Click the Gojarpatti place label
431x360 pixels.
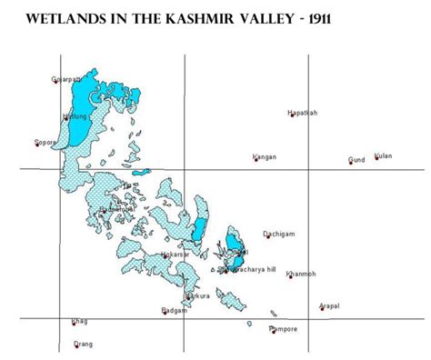click(x=67, y=80)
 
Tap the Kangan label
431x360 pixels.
click(x=265, y=157)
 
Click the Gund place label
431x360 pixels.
click(x=356, y=160)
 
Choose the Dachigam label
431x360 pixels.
click(x=278, y=233)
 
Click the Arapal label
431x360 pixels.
click(x=329, y=306)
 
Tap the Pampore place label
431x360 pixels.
click(x=284, y=328)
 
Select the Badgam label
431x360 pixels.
click(x=174, y=311)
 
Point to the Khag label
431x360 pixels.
click(x=79, y=321)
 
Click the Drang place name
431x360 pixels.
click(x=83, y=344)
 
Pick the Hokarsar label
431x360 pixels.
click(x=175, y=255)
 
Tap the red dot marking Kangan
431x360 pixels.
click(x=255, y=161)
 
